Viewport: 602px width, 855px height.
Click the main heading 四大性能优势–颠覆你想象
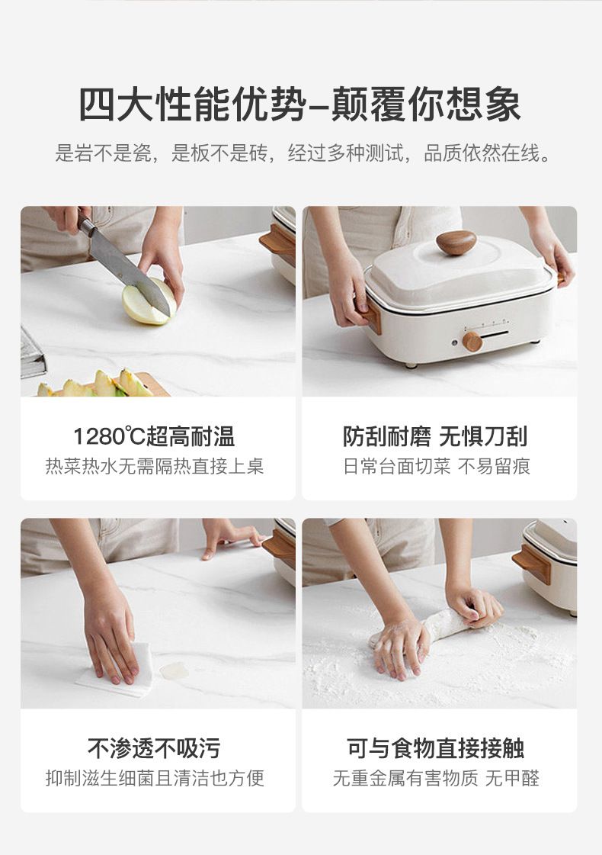coord(300,104)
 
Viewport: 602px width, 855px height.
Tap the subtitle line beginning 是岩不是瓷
coord(303,153)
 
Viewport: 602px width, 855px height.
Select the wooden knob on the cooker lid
coord(456,242)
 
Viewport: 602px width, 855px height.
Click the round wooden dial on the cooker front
coord(472,342)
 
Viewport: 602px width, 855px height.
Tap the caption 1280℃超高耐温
coord(154,436)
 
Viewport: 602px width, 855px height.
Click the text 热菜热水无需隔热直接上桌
coord(155,466)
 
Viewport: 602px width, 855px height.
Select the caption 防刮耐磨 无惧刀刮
coord(435,436)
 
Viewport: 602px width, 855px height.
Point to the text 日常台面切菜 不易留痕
coord(437,466)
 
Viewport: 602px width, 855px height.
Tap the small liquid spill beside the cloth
coord(175,670)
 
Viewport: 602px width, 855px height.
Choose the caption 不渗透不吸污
coord(154,748)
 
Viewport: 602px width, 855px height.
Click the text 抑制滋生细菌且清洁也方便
coord(155,778)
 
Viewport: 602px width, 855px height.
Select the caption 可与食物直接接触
coord(435,748)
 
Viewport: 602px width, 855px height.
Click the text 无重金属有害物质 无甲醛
coord(436,778)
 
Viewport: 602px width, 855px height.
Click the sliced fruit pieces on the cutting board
coord(98,384)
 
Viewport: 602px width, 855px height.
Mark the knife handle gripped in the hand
coord(85,223)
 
